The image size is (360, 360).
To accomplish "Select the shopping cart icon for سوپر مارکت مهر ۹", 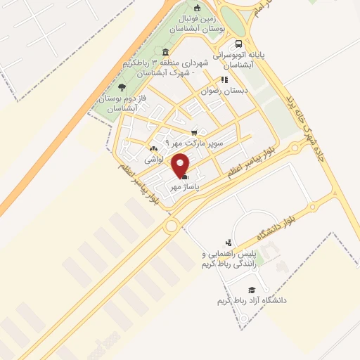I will click(x=194, y=131).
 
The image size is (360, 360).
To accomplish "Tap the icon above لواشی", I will click(x=154, y=149).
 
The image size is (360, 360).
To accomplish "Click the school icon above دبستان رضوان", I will click(x=224, y=79).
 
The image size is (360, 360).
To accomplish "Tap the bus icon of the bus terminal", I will click(x=239, y=42).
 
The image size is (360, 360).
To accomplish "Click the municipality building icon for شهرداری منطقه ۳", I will click(x=165, y=51).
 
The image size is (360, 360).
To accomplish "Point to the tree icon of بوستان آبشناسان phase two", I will click(x=122, y=87).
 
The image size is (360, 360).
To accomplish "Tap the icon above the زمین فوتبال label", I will click(x=197, y=8).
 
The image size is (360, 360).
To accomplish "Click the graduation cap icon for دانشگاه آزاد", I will click(x=251, y=290).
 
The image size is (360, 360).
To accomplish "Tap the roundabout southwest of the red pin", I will click(x=171, y=226).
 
